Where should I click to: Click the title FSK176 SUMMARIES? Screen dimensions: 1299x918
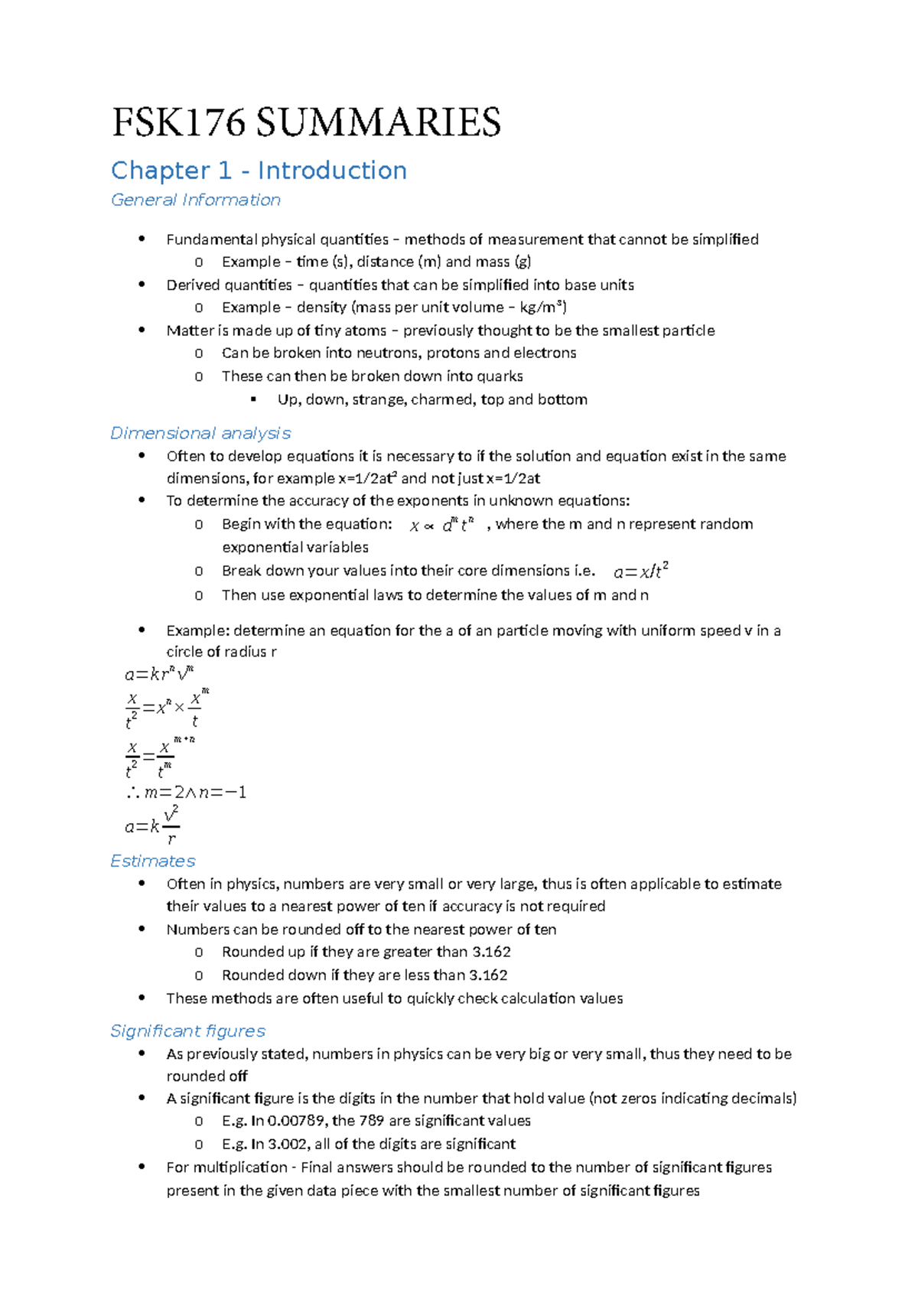click(x=306, y=122)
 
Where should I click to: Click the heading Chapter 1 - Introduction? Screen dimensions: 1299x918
click(x=259, y=170)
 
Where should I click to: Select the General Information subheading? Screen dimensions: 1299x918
click(x=196, y=200)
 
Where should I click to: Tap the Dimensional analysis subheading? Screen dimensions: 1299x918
click(x=200, y=433)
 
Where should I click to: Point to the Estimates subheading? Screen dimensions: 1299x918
click(x=153, y=861)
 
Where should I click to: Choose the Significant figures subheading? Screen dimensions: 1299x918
click(x=187, y=1030)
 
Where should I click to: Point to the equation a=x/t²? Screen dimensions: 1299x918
click(x=641, y=571)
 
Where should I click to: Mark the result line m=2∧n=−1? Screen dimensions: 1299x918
click(x=186, y=793)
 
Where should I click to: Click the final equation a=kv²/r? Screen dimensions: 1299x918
click(x=151, y=825)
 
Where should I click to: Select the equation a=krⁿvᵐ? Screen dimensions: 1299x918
click(x=159, y=674)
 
